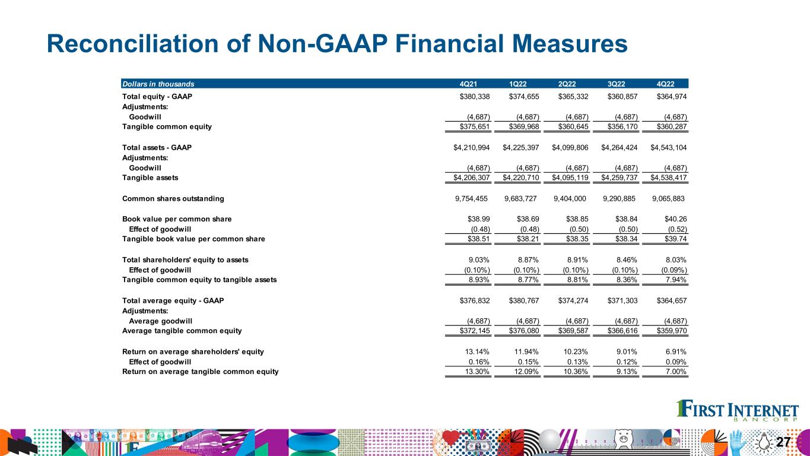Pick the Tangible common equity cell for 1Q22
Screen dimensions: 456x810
[x=520, y=126]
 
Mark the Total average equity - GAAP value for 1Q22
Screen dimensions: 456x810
[x=520, y=300]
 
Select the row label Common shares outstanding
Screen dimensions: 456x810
[x=173, y=198]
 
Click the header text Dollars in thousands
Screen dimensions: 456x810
[x=157, y=84]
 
